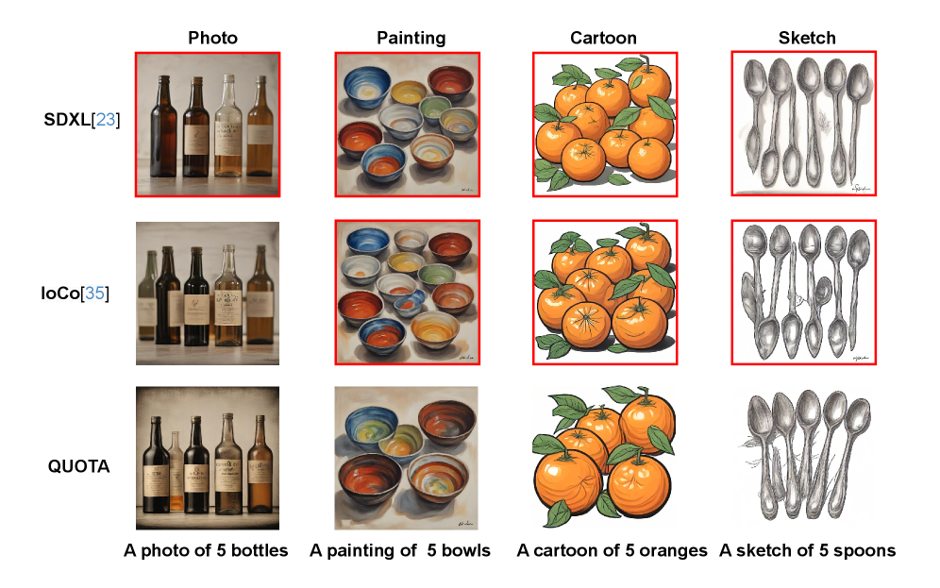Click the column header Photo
212,38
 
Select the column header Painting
411,39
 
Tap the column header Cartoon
603,38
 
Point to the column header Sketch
807,38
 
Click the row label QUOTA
78,466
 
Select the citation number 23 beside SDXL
106,120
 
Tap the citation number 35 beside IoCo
94,294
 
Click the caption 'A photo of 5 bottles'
206,550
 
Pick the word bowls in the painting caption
466,550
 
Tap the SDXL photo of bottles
208,125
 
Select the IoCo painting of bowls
408,293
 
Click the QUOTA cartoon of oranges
604,458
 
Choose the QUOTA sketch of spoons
804,458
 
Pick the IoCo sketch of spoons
804,293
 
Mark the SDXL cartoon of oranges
605,125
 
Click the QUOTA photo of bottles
208,458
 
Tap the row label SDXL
67,120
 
